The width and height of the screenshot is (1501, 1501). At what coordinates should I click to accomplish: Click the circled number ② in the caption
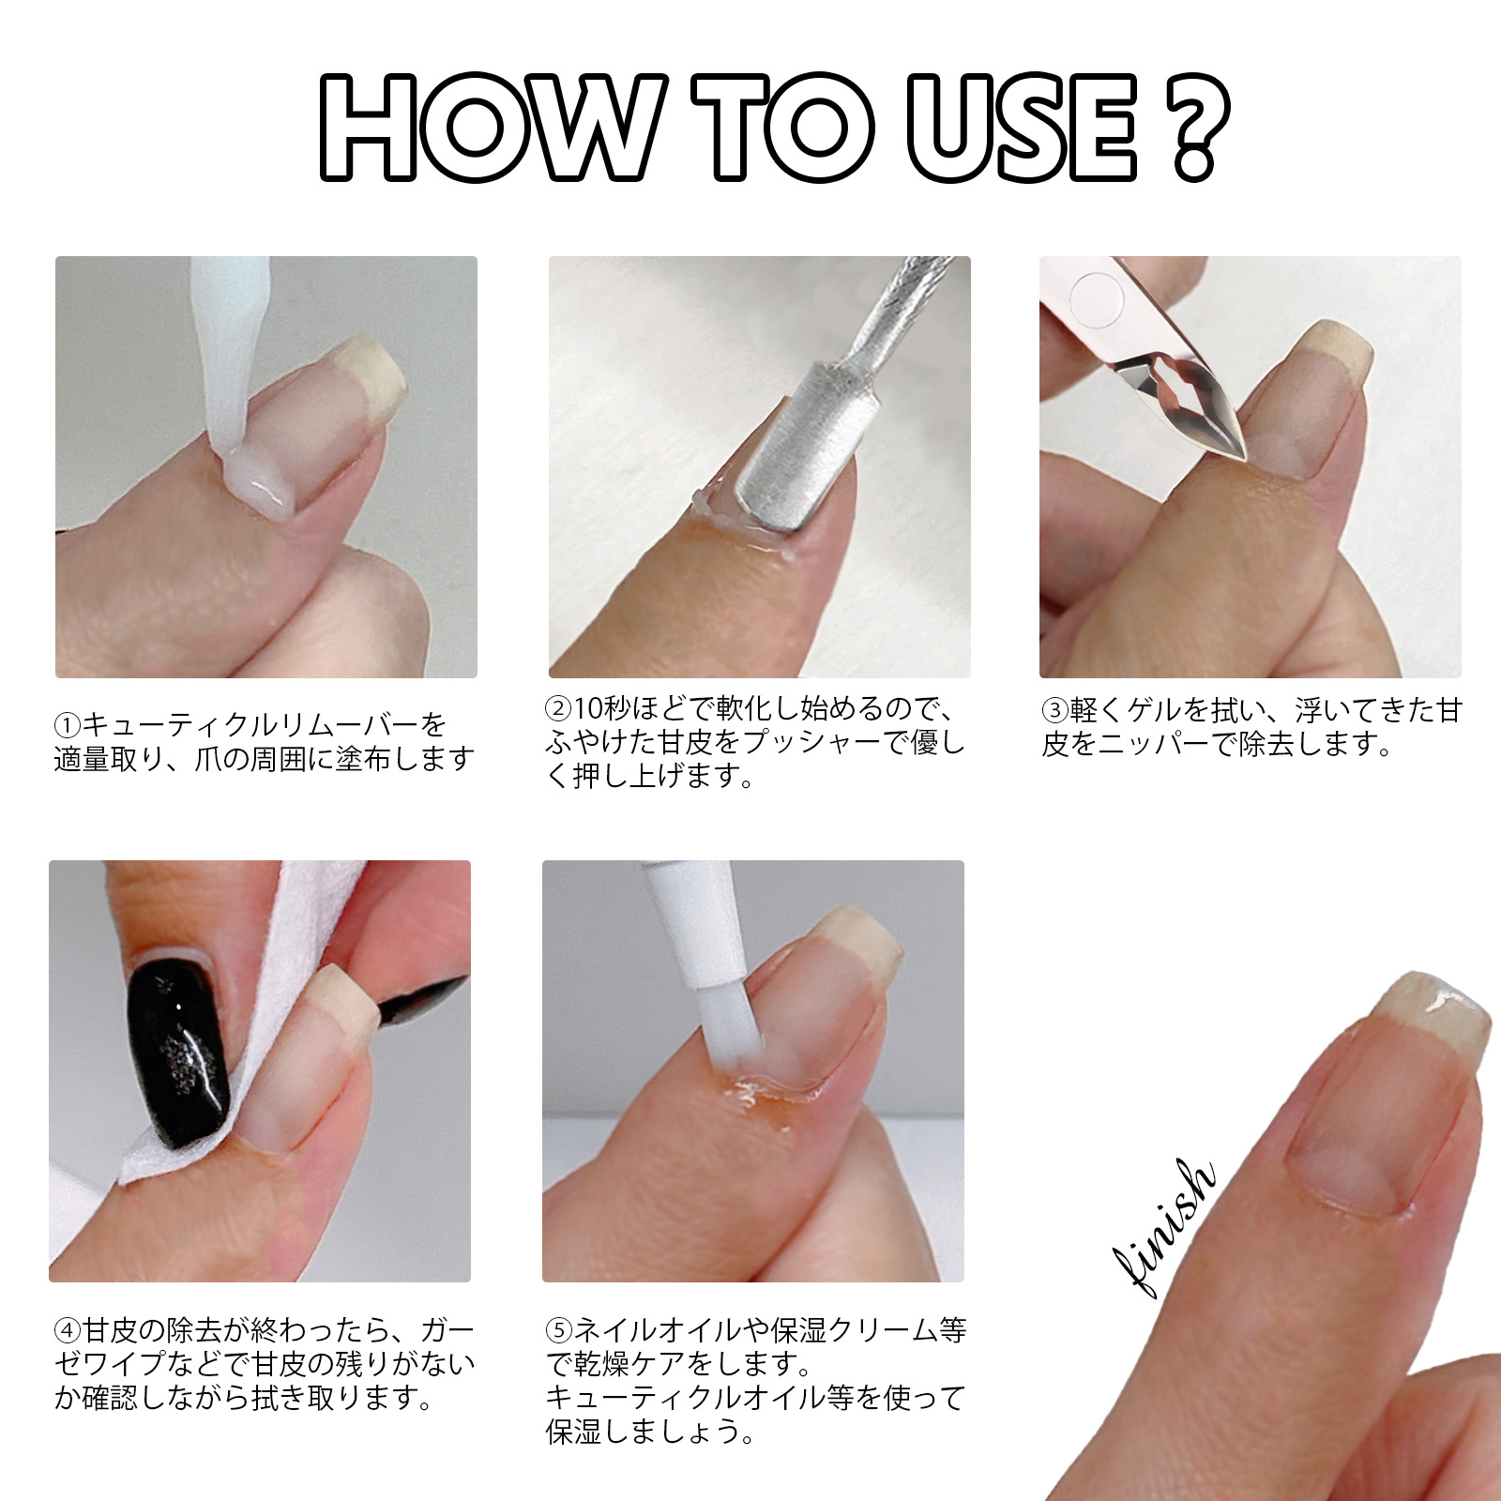point(559,708)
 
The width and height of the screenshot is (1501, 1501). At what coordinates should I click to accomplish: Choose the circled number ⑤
point(559,1331)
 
